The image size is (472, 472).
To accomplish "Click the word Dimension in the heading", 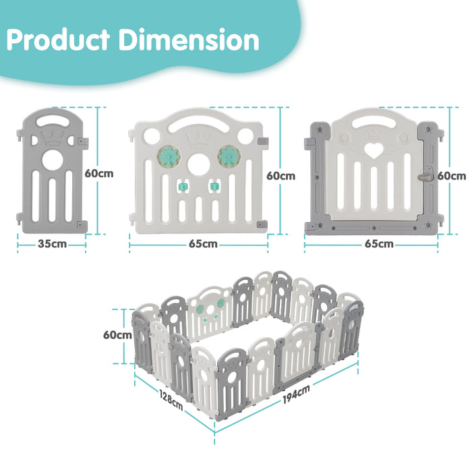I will tap(189, 40).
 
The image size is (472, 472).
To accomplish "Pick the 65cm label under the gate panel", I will tap(379, 244).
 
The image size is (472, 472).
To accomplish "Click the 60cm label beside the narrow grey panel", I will tap(98, 173).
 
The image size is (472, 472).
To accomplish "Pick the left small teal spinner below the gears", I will tap(181, 185).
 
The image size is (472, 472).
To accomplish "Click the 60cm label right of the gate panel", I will tap(451, 176).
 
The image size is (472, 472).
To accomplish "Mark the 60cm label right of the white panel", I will tap(281, 176).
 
